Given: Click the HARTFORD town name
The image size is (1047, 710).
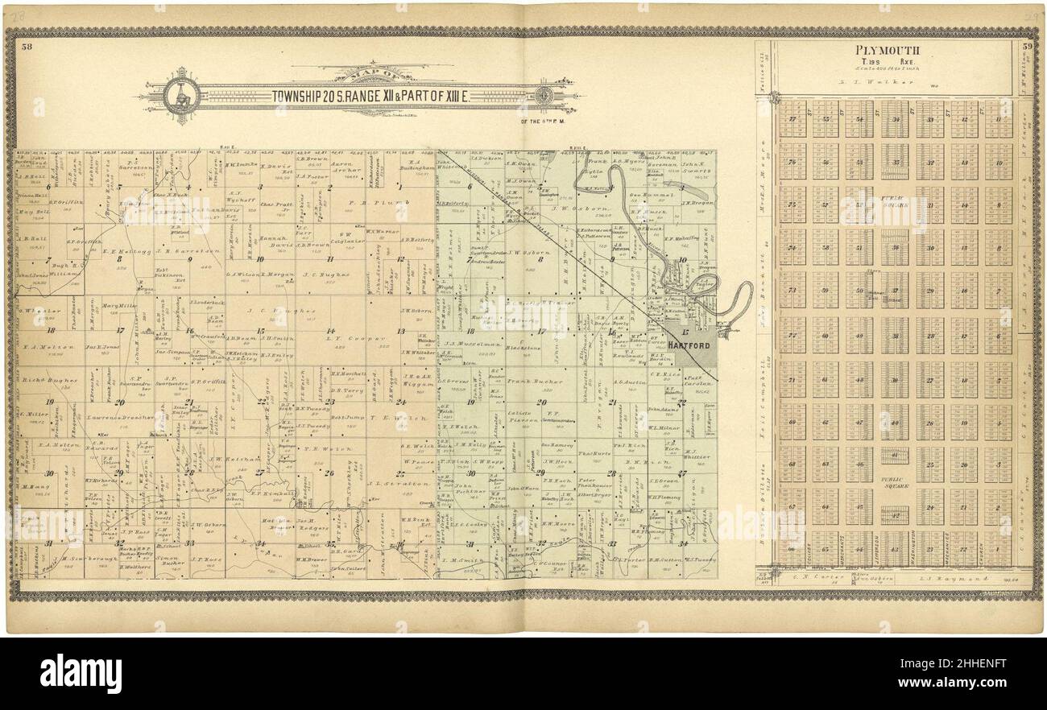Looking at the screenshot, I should coord(687,345).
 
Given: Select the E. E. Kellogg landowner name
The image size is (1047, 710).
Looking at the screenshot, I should coord(123,250).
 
